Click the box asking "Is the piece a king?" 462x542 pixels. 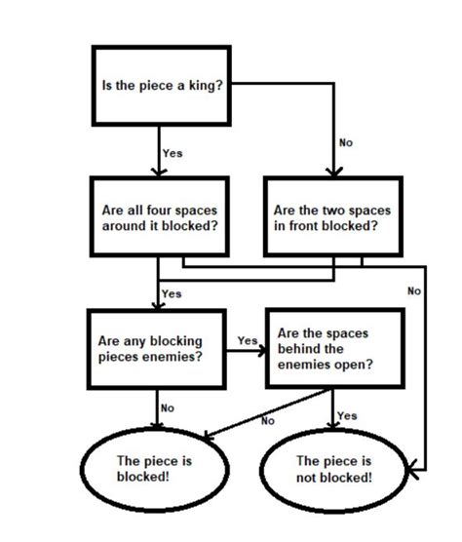pos(162,85)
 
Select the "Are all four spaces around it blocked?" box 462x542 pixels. pos(160,217)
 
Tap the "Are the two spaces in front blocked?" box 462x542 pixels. pos(331,217)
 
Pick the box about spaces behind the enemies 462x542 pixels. pos(331,349)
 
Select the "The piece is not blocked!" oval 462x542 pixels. pos(333,469)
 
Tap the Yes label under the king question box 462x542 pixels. pos(173,153)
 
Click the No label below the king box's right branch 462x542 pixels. pos(346,143)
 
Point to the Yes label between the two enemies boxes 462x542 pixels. pos(248,341)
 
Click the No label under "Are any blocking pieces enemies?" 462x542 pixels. pos(168,408)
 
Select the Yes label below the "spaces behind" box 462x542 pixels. pos(347,415)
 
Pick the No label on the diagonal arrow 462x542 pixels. pos(269,421)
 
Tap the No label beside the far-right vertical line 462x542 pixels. pos(414,290)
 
